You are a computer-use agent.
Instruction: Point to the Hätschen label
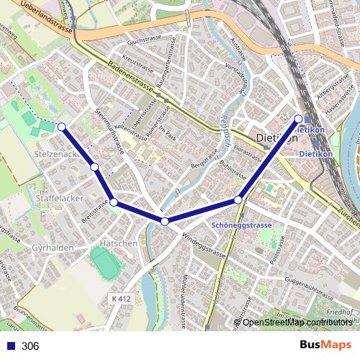tap(119, 243)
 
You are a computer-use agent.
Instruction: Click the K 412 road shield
tap(122, 298)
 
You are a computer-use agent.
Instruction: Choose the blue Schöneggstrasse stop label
tap(242, 225)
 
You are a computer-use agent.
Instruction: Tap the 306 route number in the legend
tap(30, 346)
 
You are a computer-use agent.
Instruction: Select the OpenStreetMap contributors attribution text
tap(297, 322)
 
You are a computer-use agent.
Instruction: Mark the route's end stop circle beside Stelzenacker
tap(61, 127)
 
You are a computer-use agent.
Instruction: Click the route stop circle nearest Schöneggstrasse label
tap(238, 200)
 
